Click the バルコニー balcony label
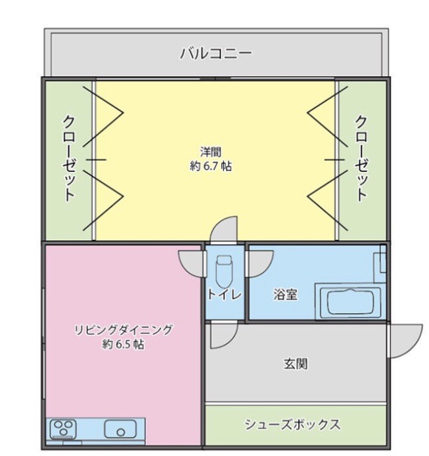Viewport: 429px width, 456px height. tap(215, 54)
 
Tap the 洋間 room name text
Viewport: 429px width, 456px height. tap(211, 152)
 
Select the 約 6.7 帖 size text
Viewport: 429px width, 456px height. tap(211, 167)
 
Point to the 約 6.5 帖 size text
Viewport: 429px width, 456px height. tap(124, 344)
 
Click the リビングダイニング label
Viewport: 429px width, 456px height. tap(124, 330)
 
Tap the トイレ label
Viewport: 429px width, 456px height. tap(225, 295)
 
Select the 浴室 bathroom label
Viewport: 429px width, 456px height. tap(285, 295)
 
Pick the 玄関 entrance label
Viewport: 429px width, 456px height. tap(296, 363)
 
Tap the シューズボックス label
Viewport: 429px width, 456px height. tap(292, 425)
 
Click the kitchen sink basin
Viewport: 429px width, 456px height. tap(120, 429)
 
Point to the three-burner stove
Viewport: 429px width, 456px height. tap(63, 429)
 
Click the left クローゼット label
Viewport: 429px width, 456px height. tap(69, 159)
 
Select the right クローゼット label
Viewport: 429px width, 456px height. tap(361, 159)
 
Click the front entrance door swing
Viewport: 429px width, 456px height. tap(405, 341)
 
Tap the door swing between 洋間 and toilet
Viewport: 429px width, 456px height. tap(224, 229)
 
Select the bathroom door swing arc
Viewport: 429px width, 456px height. tap(260, 264)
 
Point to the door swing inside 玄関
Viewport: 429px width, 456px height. tap(224, 335)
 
